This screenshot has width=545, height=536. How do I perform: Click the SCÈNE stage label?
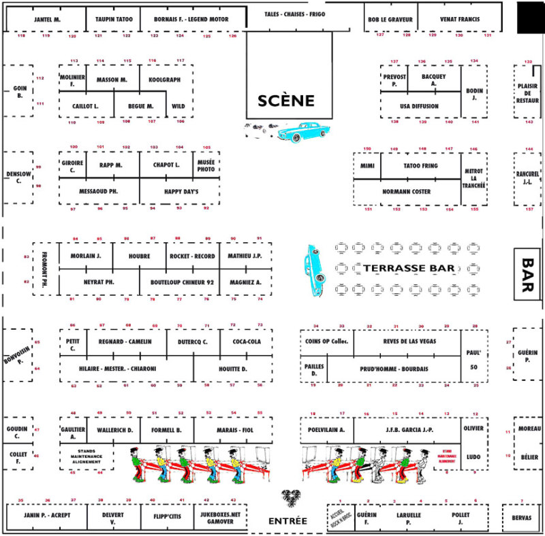286,101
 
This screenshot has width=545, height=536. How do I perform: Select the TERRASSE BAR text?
409,269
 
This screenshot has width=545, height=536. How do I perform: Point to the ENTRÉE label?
287,521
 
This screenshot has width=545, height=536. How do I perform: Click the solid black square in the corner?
530,17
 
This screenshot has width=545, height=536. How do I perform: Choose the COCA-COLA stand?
247,341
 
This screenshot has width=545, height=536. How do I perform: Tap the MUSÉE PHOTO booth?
207,165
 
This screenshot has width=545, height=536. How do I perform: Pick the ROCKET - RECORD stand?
193,256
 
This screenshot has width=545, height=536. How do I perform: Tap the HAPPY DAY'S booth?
181,192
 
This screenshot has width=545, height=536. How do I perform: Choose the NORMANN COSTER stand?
406,192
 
